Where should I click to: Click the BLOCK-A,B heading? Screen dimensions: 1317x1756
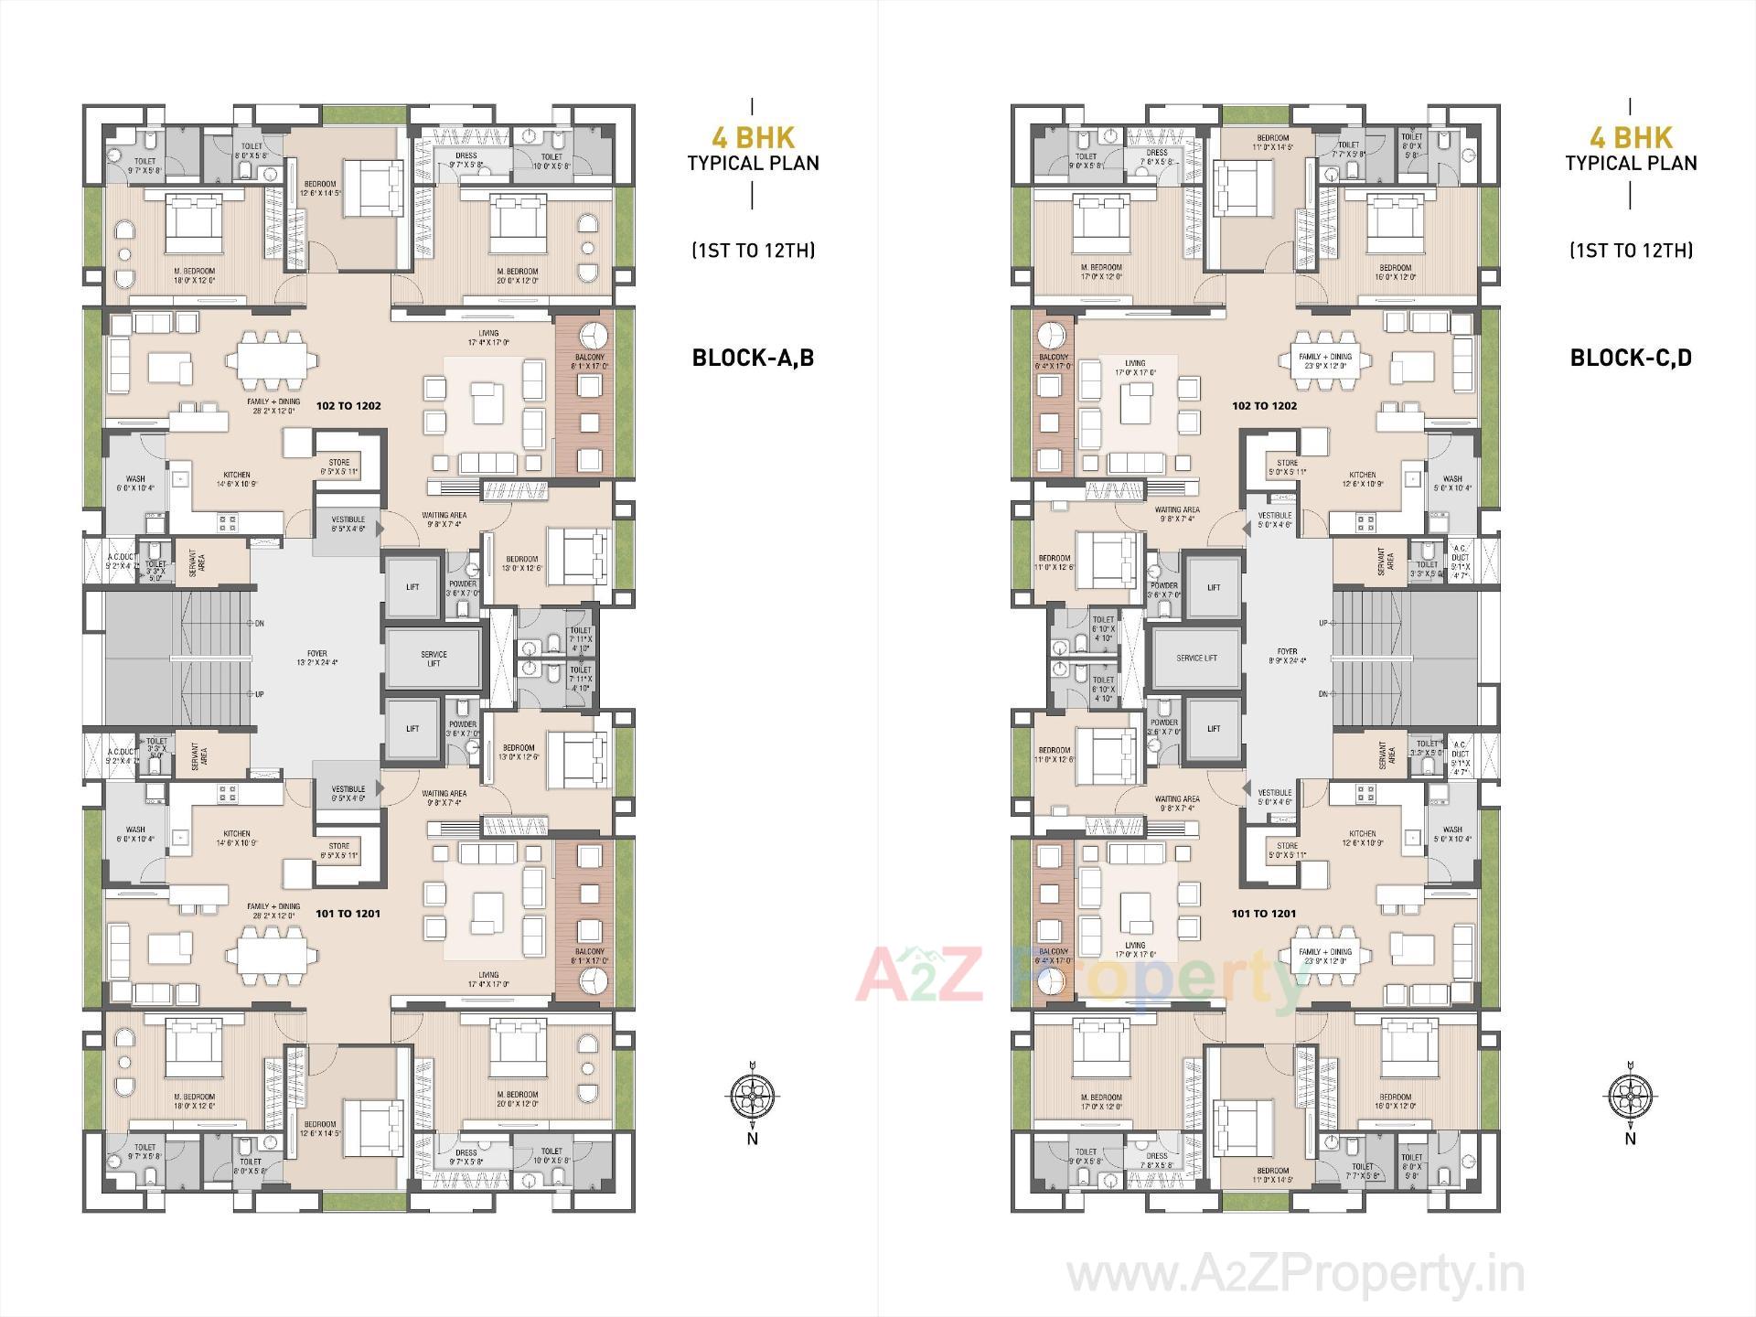pyautogui.click(x=753, y=358)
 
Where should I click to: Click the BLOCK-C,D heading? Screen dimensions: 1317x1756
pyautogui.click(x=1631, y=358)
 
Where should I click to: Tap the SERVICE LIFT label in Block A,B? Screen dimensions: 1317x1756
pyautogui.click(x=434, y=658)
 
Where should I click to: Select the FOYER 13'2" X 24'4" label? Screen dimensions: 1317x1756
pyautogui.click(x=316, y=658)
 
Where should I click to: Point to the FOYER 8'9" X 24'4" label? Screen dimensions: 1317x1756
pyautogui.click(x=1287, y=656)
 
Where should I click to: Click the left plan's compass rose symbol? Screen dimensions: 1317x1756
pyautogui.click(x=752, y=1095)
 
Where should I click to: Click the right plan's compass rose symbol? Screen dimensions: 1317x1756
pyautogui.click(x=1630, y=1095)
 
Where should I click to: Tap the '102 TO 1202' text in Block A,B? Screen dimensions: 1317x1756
pyautogui.click(x=348, y=405)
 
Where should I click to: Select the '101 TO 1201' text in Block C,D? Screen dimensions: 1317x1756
pyautogui.click(x=1263, y=913)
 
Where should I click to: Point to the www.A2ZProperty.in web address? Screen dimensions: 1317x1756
pyautogui.click(x=1295, y=1274)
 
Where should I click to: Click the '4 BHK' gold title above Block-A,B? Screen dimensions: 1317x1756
pyautogui.click(x=753, y=138)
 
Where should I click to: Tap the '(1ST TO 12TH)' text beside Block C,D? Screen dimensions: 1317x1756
pyautogui.click(x=1631, y=250)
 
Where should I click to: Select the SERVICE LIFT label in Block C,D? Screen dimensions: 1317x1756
pyautogui.click(x=1196, y=658)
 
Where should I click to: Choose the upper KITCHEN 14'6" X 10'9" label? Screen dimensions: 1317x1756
pyautogui.click(x=237, y=478)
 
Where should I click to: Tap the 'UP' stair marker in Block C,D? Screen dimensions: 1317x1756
pyautogui.click(x=1322, y=623)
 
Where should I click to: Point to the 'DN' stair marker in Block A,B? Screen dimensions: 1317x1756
pyautogui.click(x=259, y=623)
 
